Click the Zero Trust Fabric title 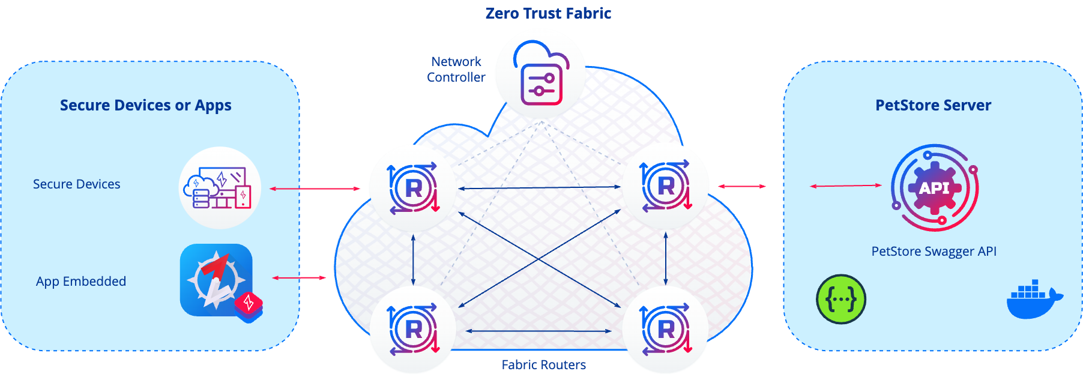(548, 13)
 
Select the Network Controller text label (456, 69)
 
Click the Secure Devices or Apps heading (146, 105)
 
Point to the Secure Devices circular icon (220, 188)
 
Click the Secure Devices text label (76, 184)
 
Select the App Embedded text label (81, 282)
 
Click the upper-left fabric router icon (413, 188)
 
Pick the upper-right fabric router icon (666, 186)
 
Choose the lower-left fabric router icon (413, 330)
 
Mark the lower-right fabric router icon (666, 330)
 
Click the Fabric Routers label (544, 365)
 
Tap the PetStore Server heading (934, 105)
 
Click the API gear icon (934, 188)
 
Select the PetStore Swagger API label (934, 252)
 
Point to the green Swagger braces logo (841, 299)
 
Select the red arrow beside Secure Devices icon (315, 188)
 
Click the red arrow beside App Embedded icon (299, 277)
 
